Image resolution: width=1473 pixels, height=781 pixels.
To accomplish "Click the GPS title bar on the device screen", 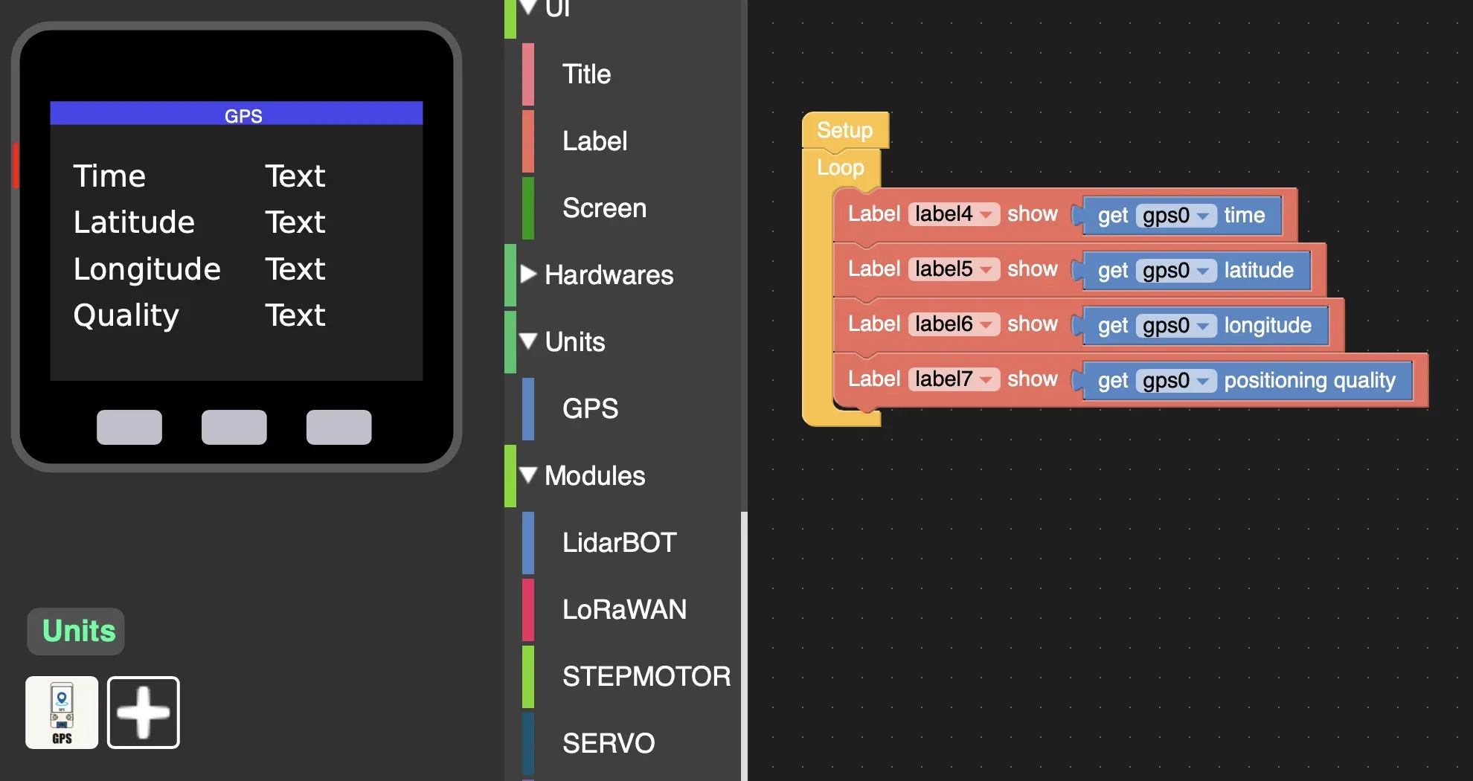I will [x=237, y=115].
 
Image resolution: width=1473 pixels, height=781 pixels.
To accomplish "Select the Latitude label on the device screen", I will [x=134, y=222].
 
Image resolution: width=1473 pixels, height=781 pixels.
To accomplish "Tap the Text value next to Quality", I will [x=295, y=315].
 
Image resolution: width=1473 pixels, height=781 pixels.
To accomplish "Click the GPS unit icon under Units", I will [x=62, y=713].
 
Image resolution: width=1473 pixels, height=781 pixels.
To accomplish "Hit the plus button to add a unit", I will [x=144, y=713].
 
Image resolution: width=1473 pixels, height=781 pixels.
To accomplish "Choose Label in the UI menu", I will [x=594, y=141].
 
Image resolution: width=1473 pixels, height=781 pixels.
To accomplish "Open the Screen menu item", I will [x=604, y=208].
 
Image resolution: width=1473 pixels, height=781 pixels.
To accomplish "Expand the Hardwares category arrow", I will [x=528, y=274].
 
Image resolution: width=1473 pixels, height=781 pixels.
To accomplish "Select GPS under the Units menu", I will [x=590, y=409].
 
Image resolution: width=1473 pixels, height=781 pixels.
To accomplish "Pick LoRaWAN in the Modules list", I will [x=624, y=610].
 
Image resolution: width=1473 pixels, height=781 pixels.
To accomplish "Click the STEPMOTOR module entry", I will [x=646, y=677].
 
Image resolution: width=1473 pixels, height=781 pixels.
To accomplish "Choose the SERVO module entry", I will [x=609, y=743].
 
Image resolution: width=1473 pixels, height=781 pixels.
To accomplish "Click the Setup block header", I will [x=844, y=130].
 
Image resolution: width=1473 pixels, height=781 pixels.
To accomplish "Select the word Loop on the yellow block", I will [x=841, y=167].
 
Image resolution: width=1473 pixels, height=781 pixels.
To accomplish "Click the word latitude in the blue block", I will [x=1259, y=270].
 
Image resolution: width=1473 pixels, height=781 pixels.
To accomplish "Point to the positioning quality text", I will [x=1309, y=381].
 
